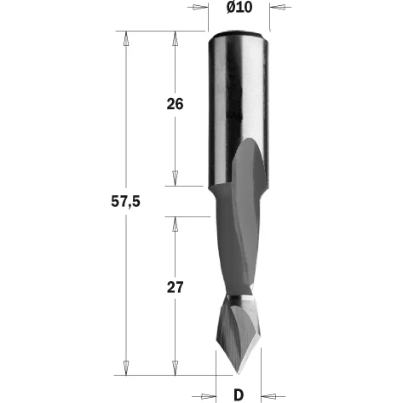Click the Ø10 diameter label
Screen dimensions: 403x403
pos(239,7)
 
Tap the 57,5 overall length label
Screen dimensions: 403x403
pos(125,202)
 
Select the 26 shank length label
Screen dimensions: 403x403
pos(175,104)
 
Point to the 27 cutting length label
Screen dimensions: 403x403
pos(175,287)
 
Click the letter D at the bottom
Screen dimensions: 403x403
pos(239,394)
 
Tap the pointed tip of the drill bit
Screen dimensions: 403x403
pos(238,373)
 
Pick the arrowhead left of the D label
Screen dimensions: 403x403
pos(208,396)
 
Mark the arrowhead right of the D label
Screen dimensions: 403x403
pos(268,396)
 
